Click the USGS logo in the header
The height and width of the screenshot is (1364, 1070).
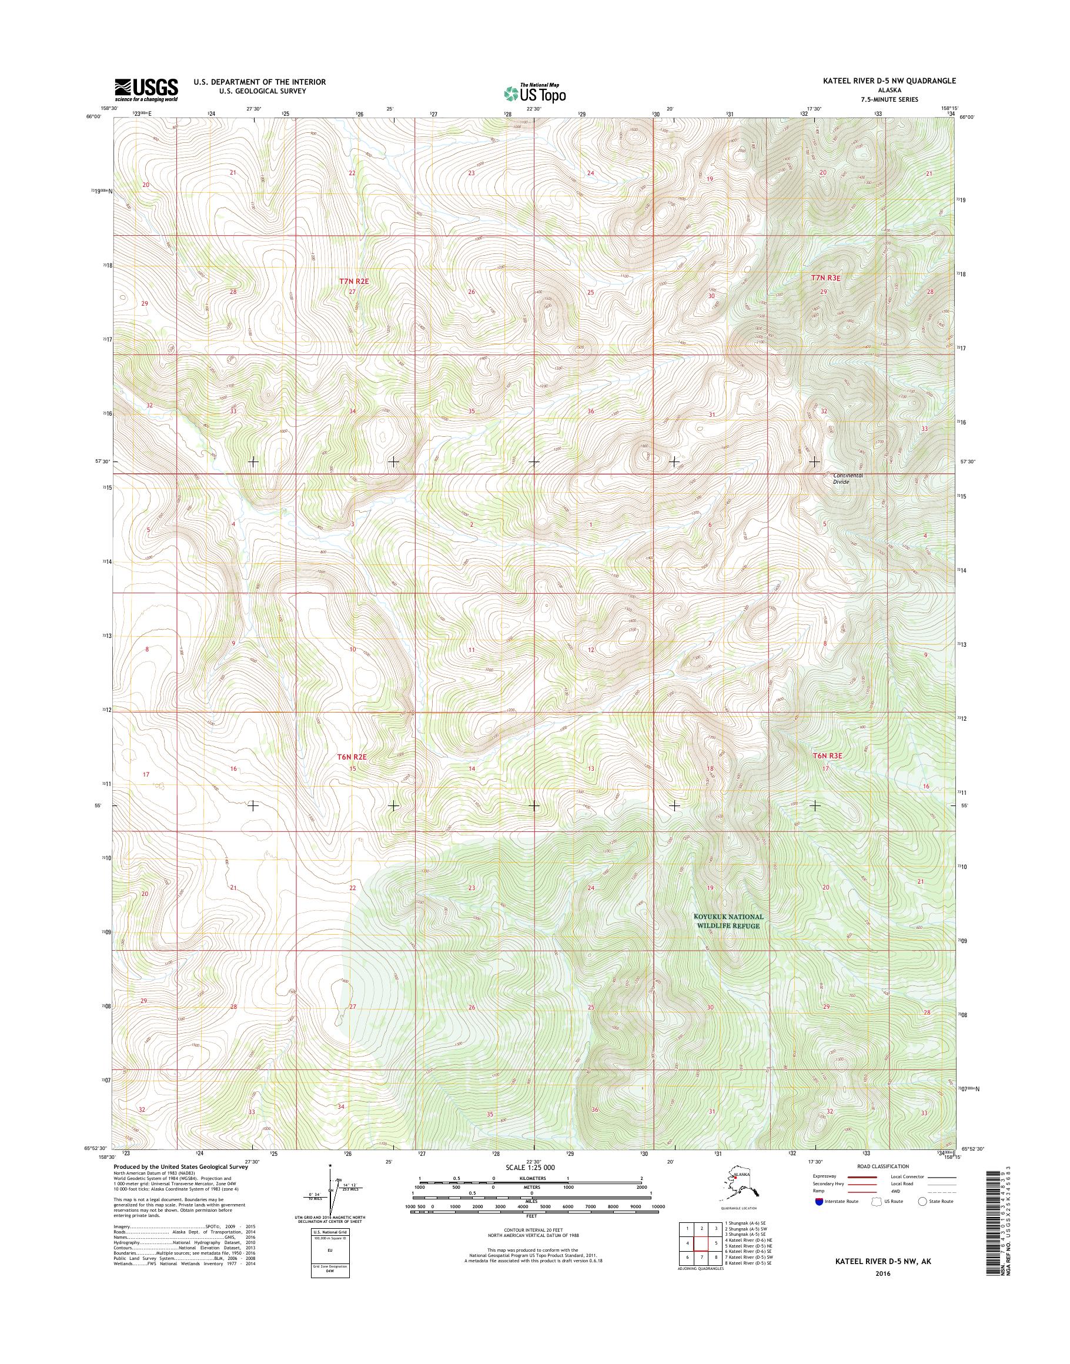click(x=146, y=90)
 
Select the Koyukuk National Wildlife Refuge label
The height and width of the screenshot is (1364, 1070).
click(x=728, y=921)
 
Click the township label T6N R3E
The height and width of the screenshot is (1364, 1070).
click(x=828, y=756)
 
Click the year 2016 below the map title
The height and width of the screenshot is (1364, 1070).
click(x=882, y=1274)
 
